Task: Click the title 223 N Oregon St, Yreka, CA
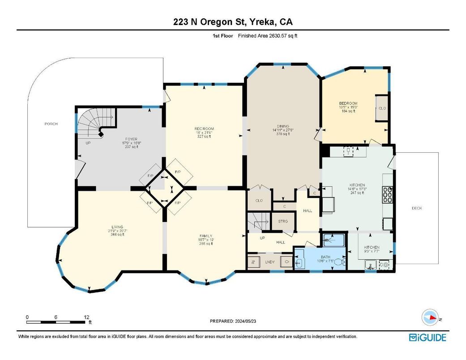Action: click(233, 22)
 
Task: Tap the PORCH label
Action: click(51, 124)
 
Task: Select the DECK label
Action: click(417, 208)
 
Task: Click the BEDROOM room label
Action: click(348, 104)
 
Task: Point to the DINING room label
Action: click(283, 126)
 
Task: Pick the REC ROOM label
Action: click(204, 129)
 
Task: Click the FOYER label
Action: click(131, 139)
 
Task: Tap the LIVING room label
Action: click(117, 227)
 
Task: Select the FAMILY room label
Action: click(206, 236)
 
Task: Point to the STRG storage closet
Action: click(282, 221)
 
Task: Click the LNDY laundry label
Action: click(269, 261)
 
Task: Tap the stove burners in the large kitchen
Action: click(387, 194)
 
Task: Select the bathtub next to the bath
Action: click(333, 240)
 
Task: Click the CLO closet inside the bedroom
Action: click(382, 108)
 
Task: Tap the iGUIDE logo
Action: click(427, 337)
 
